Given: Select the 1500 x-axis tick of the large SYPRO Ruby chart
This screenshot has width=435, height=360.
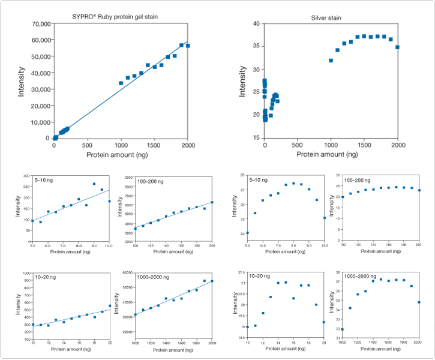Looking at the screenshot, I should click(155, 145).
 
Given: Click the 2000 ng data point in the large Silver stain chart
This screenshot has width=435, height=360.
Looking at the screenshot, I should click(397, 47).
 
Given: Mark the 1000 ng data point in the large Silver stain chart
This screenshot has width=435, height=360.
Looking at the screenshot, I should click(331, 60).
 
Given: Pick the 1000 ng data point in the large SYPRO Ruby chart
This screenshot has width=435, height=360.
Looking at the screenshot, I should click(121, 83).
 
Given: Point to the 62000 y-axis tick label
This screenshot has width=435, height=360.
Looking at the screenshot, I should click(128, 273).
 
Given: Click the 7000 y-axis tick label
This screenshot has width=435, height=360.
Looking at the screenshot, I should click(128, 177).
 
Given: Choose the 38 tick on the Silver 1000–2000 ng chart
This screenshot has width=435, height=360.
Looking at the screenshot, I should click(337, 273).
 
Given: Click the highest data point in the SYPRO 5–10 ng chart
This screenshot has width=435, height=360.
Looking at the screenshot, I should click(94, 184).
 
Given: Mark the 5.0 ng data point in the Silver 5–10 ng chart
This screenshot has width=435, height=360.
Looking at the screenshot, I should click(248, 233).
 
